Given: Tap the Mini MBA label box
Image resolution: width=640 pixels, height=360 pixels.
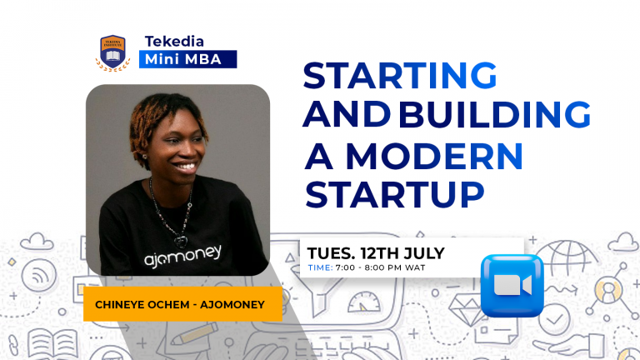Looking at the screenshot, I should [190, 59].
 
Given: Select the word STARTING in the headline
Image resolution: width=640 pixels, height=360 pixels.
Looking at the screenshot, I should [399, 76].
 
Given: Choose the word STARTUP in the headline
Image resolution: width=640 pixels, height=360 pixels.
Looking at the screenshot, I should [395, 193].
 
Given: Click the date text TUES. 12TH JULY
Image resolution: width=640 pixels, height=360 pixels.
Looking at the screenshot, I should [376, 252].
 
